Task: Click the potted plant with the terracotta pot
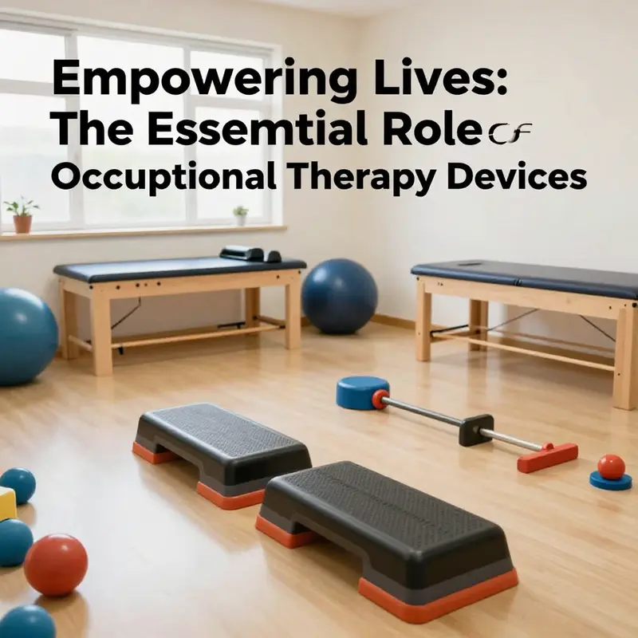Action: tap(22, 215)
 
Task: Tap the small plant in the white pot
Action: tap(240, 215)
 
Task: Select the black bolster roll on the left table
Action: tap(243, 253)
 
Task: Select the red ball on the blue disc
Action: tap(612, 467)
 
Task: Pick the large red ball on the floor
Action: tap(55, 565)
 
